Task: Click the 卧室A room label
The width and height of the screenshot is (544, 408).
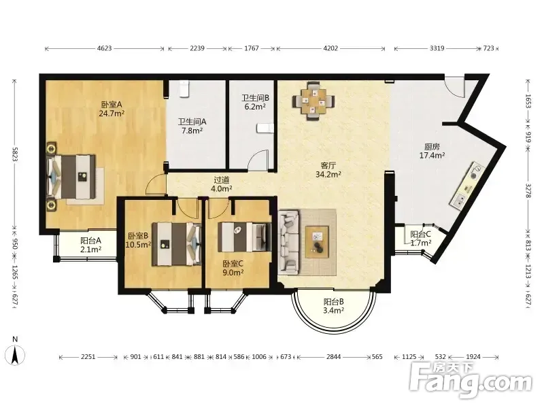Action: click(x=112, y=105)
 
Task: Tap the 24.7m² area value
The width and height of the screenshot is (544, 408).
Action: click(x=112, y=114)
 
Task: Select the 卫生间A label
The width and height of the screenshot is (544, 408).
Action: click(x=192, y=122)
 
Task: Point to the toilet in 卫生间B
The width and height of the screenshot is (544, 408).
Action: click(x=265, y=129)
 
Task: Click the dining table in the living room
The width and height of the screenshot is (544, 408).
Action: click(x=313, y=101)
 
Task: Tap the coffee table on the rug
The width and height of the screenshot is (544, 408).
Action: click(x=317, y=242)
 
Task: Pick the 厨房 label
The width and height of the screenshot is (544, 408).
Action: click(x=432, y=147)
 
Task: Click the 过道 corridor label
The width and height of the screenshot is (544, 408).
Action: click(x=222, y=180)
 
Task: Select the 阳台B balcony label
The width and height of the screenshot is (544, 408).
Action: click(x=333, y=302)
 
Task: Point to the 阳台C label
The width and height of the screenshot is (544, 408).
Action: click(x=420, y=235)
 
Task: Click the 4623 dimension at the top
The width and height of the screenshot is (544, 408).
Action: click(x=105, y=48)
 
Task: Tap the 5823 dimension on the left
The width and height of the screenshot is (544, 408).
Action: click(x=15, y=154)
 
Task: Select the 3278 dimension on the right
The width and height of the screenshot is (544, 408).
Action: click(x=528, y=190)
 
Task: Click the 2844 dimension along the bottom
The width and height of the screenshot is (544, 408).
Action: click(x=333, y=356)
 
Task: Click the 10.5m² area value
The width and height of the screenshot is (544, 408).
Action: click(x=138, y=244)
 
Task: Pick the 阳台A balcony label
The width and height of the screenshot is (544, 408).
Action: click(x=90, y=240)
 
